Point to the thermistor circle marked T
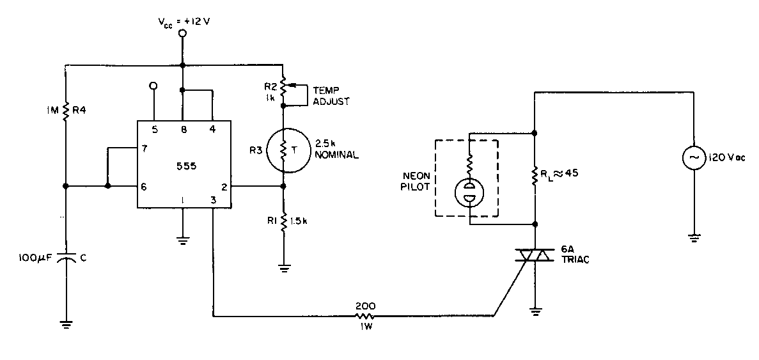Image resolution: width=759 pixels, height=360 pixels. (x=283, y=149)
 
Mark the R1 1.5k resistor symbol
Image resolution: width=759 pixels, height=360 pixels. (x=283, y=222)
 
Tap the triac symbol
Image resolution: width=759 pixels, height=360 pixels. (x=534, y=256)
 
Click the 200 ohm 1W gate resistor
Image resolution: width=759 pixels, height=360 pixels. (x=365, y=315)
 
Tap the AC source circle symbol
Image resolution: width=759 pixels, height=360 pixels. (x=693, y=157)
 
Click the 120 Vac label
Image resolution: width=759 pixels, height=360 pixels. (x=726, y=157)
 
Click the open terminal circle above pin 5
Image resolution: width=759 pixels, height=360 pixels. (x=153, y=85)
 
